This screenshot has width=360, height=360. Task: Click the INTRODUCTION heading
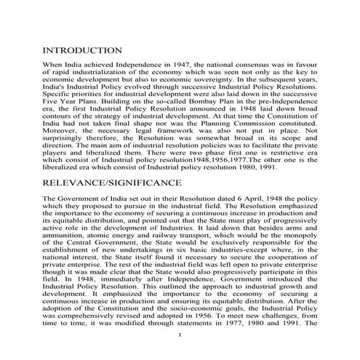point(82,50)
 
